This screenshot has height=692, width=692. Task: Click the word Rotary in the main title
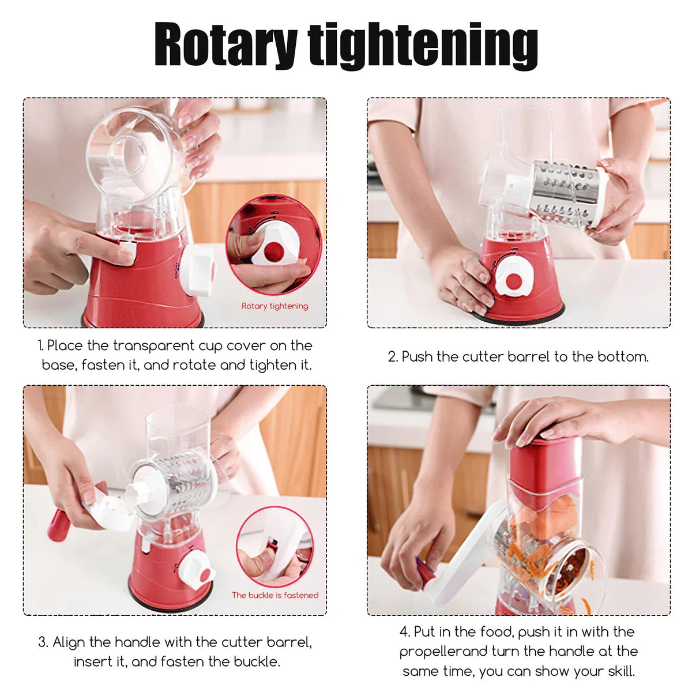[226, 44]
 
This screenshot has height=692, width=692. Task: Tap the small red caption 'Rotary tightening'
[274, 306]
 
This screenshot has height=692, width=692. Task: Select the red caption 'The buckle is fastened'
[275, 595]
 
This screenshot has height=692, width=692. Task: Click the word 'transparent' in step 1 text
[154, 346]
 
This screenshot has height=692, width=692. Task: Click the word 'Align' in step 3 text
[69, 642]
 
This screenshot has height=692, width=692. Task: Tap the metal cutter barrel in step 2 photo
[564, 193]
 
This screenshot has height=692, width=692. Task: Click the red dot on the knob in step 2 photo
[514, 281]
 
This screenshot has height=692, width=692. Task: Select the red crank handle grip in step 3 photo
[58, 525]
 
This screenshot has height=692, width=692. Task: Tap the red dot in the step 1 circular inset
[273, 252]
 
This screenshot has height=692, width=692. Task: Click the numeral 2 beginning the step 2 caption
[392, 356]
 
